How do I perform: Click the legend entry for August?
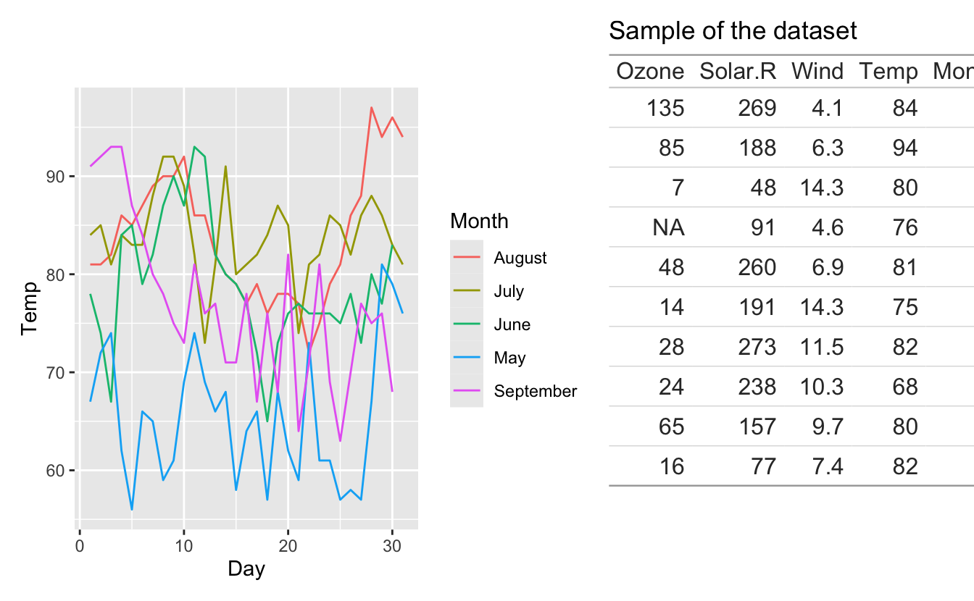click(x=520, y=258)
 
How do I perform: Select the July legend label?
click(x=508, y=291)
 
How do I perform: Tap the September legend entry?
click(x=535, y=391)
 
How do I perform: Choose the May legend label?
click(x=509, y=358)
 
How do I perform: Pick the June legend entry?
click(x=512, y=324)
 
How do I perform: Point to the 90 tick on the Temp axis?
click(x=58, y=177)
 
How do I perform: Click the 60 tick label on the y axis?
click(x=58, y=471)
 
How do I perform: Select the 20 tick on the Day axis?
click(x=288, y=545)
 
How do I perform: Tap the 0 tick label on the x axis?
click(x=80, y=545)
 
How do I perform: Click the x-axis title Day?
click(x=246, y=569)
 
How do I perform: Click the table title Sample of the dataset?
click(x=733, y=31)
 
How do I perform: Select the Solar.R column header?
click(x=738, y=71)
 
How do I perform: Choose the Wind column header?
click(x=817, y=71)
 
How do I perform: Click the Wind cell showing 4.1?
click(x=827, y=109)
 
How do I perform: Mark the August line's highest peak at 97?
click(x=371, y=108)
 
